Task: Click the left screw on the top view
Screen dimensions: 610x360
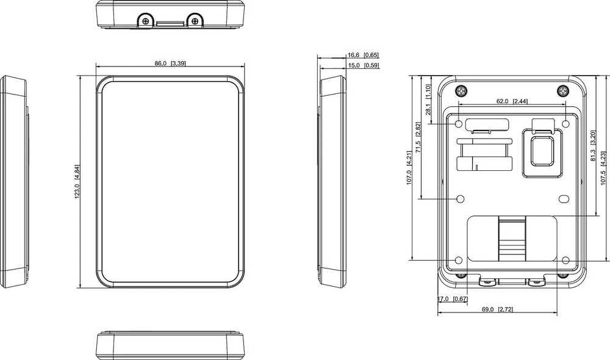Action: click(x=146, y=21)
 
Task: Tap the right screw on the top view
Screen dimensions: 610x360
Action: click(x=195, y=20)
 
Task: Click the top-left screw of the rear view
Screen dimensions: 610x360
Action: click(x=461, y=91)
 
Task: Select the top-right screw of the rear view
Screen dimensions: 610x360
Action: click(x=563, y=91)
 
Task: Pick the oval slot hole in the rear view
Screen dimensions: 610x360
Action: click(x=564, y=199)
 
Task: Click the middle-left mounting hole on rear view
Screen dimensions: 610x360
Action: click(x=460, y=199)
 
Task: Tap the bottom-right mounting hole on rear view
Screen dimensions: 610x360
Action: click(x=565, y=260)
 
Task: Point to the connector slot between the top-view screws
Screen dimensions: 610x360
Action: click(x=170, y=24)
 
